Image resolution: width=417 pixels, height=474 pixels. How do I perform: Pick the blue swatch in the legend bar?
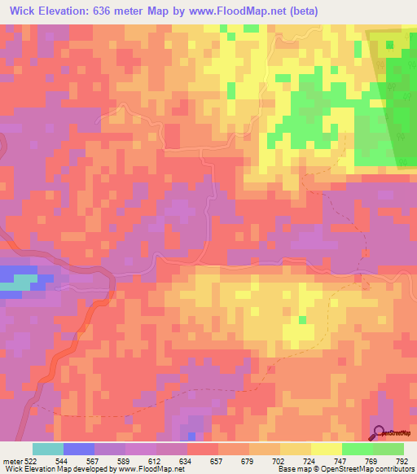[79, 449]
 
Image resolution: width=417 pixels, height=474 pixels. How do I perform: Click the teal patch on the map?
[24, 281]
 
